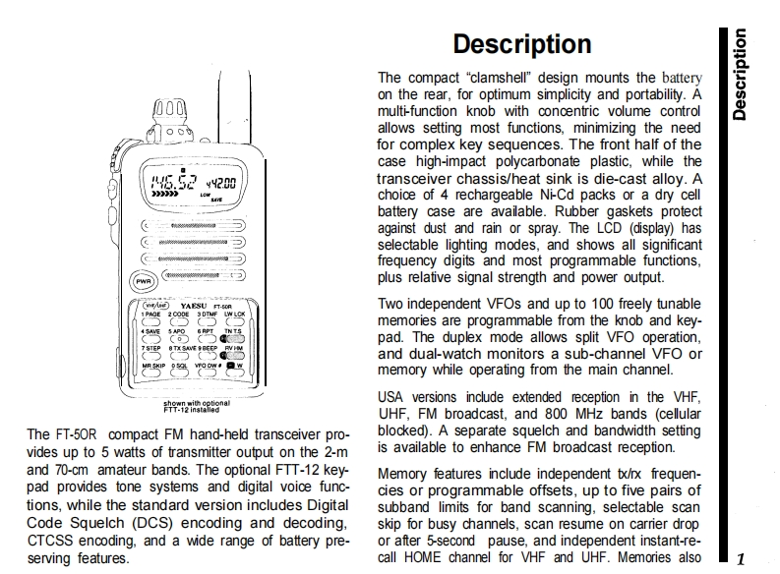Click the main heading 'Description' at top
click(x=521, y=45)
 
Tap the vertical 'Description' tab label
click(x=739, y=75)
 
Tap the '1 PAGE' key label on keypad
click(x=150, y=315)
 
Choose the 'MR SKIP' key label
click(x=152, y=366)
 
